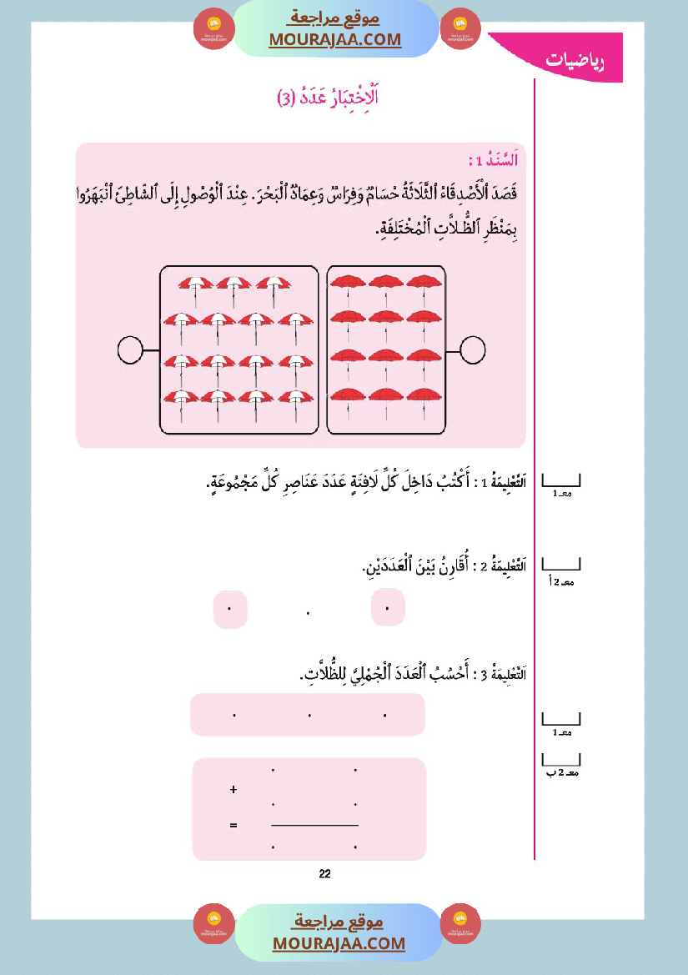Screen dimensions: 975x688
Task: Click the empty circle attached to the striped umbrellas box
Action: [131, 350]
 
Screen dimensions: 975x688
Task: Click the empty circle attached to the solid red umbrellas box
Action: [472, 350]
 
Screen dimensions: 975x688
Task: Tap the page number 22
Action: [325, 874]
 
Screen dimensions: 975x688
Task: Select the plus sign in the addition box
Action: [233, 788]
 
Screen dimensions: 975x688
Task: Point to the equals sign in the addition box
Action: [233, 826]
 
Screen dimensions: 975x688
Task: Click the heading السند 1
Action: [493, 161]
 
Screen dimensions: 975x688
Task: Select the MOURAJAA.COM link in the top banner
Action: [334, 39]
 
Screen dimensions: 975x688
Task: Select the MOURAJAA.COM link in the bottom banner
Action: [339, 943]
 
